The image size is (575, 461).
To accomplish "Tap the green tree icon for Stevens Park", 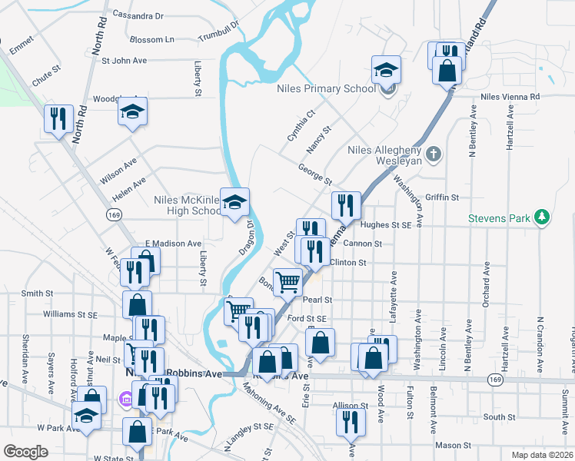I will pyautogui.click(x=543, y=217).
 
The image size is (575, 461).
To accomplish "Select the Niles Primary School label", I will pyautogui.click(x=327, y=88).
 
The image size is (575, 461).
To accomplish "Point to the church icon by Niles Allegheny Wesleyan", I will pyautogui.click(x=434, y=154).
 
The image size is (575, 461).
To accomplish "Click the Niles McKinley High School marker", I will pyautogui.click(x=235, y=203).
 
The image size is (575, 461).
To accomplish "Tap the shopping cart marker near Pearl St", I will pyautogui.click(x=287, y=282).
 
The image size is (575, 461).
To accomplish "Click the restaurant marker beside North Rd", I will pyautogui.click(x=58, y=119).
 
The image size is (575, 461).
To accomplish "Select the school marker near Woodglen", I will pyautogui.click(x=132, y=112).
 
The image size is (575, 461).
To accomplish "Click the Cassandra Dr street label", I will pyautogui.click(x=138, y=15).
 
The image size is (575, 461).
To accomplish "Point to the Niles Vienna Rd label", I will pyautogui.click(x=510, y=97).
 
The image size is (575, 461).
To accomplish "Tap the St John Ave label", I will pyautogui.click(x=124, y=60).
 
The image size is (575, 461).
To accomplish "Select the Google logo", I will pyautogui.click(x=26, y=451).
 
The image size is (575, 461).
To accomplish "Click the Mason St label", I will pyautogui.click(x=453, y=445).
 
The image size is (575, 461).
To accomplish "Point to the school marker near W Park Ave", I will pyautogui.click(x=87, y=417).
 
